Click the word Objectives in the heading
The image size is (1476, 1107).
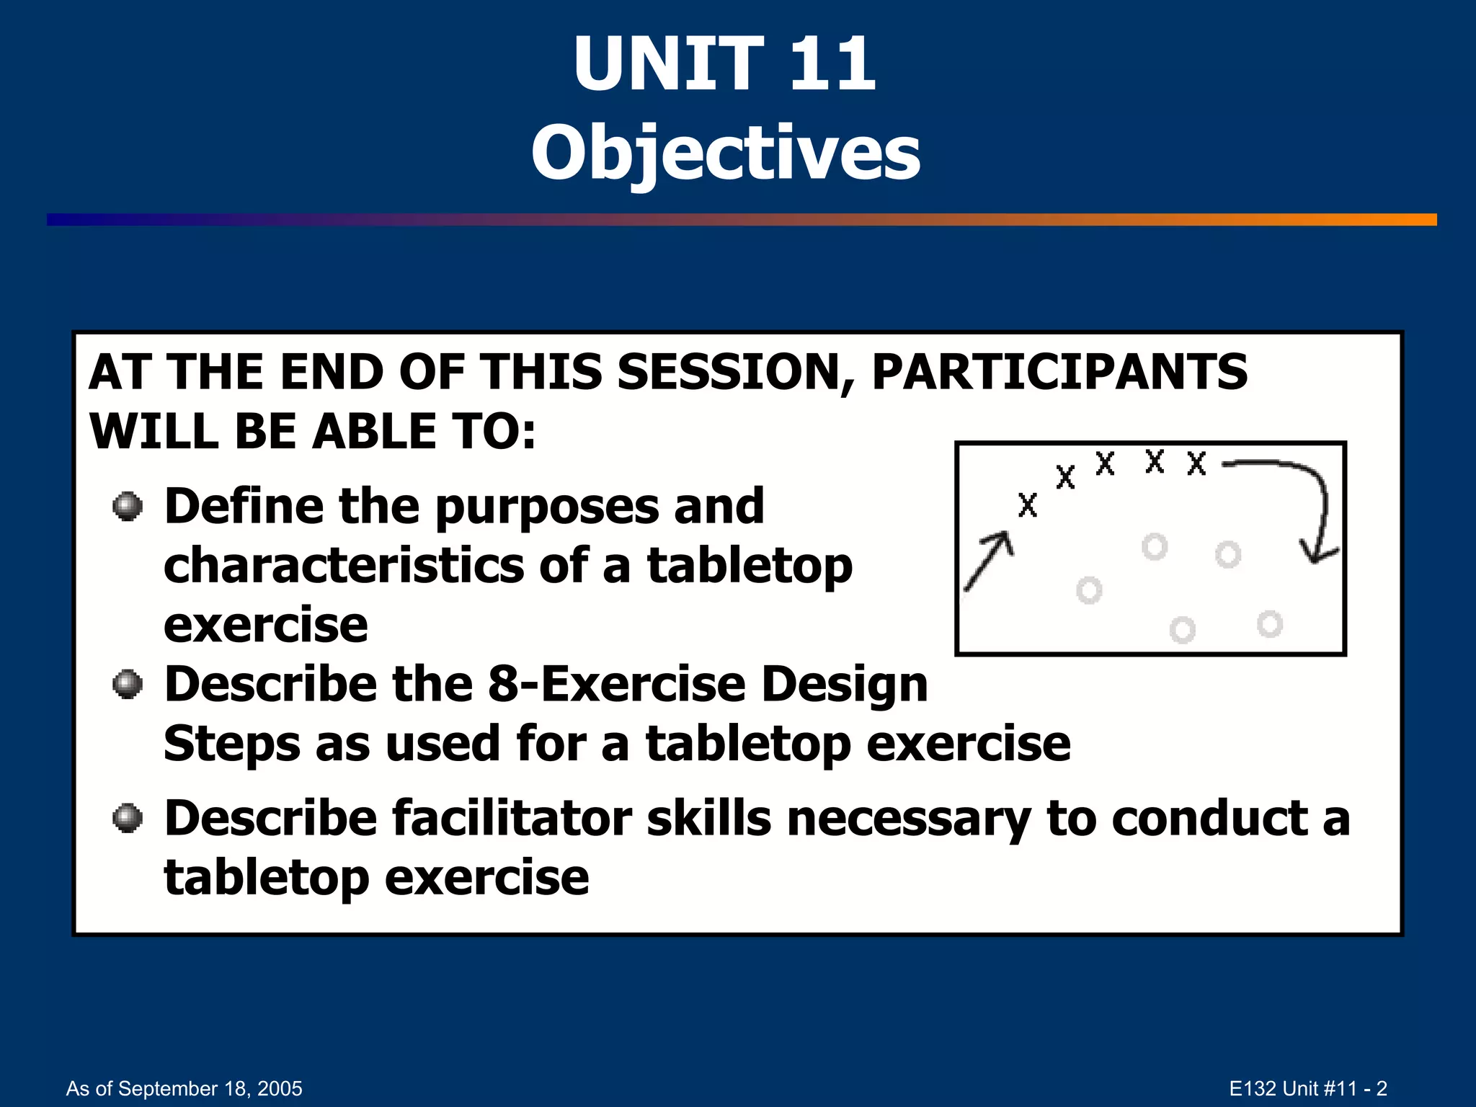pos(726,153)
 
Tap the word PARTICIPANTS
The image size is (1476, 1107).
pos(1059,373)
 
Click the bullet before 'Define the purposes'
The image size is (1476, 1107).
pos(128,506)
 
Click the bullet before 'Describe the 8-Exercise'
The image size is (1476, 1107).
pos(128,684)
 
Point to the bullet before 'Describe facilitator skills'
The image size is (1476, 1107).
pos(128,818)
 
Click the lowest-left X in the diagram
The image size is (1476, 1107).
pos(1028,505)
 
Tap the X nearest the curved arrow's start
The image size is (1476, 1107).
pos(1196,463)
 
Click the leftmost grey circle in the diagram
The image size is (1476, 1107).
pos(1089,590)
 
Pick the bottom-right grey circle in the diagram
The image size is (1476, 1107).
pos(1270,623)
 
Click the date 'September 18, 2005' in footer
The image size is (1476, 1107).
pos(209,1088)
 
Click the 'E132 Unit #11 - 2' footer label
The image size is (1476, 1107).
pos(1307,1088)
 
